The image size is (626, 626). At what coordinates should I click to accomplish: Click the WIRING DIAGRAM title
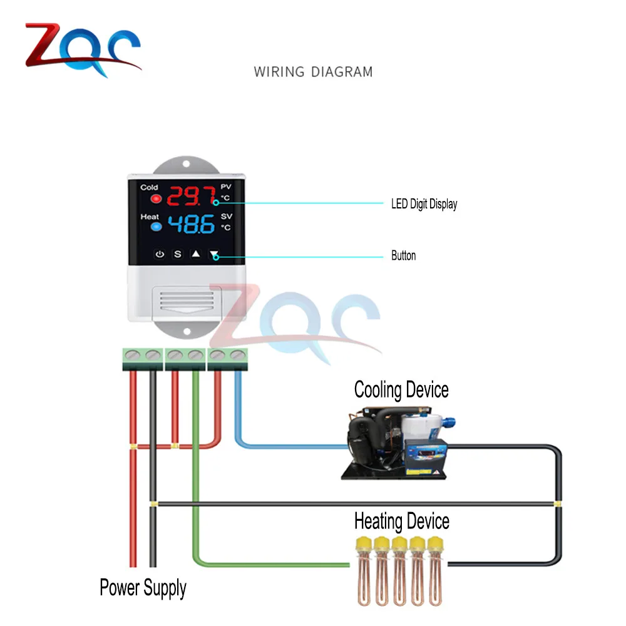(x=313, y=71)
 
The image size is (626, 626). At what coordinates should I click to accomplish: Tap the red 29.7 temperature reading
(x=182, y=197)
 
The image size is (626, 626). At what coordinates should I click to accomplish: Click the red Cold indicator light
(x=155, y=199)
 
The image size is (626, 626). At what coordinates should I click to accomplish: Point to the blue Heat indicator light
(x=155, y=228)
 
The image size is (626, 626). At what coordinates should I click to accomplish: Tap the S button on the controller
(x=177, y=255)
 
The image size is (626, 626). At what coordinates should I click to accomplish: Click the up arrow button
(x=195, y=255)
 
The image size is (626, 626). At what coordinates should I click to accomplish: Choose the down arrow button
(x=215, y=255)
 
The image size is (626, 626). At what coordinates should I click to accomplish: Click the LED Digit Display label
(x=424, y=204)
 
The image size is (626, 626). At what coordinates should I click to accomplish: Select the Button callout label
(x=403, y=255)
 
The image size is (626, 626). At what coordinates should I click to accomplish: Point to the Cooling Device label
(x=401, y=390)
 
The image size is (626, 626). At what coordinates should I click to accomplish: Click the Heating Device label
(x=401, y=521)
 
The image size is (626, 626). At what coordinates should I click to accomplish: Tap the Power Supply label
(x=143, y=588)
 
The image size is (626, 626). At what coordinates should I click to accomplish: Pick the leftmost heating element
(x=362, y=569)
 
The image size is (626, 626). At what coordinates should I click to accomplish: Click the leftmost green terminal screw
(x=133, y=355)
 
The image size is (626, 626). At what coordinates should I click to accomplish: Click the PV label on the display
(x=226, y=187)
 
